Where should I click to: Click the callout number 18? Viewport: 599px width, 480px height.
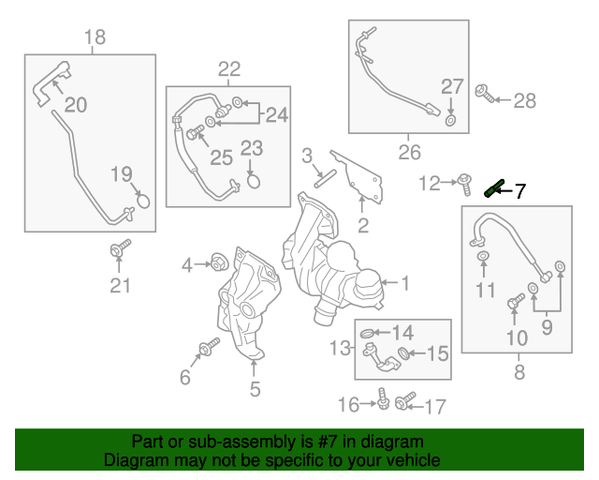(95, 37)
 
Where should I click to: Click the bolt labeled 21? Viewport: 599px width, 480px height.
(119, 249)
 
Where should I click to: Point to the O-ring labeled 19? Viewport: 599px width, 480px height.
(142, 199)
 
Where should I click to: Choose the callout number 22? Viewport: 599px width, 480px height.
(229, 68)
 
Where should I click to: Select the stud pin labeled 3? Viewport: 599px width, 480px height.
(323, 176)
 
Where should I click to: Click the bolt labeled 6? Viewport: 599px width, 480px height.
(205, 351)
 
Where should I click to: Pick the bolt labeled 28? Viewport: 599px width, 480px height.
(486, 94)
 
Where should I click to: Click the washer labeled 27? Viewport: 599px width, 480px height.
(451, 120)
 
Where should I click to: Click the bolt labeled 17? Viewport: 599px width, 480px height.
(403, 403)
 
